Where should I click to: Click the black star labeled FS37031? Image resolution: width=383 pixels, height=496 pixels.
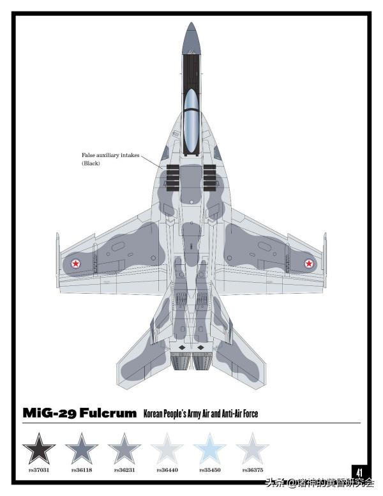(x=39, y=448)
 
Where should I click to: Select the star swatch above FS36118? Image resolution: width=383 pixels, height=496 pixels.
(x=82, y=448)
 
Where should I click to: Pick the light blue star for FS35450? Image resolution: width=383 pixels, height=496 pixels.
(x=209, y=448)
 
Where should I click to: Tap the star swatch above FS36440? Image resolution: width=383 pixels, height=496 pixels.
(x=167, y=448)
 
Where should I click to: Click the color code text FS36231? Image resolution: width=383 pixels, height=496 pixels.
(x=124, y=470)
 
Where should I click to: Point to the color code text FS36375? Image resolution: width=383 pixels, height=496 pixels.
(x=252, y=470)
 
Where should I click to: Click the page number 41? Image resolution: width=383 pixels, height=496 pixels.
(x=359, y=472)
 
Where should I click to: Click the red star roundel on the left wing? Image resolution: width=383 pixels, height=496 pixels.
(x=75, y=262)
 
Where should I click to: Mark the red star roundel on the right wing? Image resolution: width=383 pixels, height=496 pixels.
(x=309, y=262)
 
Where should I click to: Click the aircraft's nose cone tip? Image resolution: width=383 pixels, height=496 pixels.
(x=191, y=26)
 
